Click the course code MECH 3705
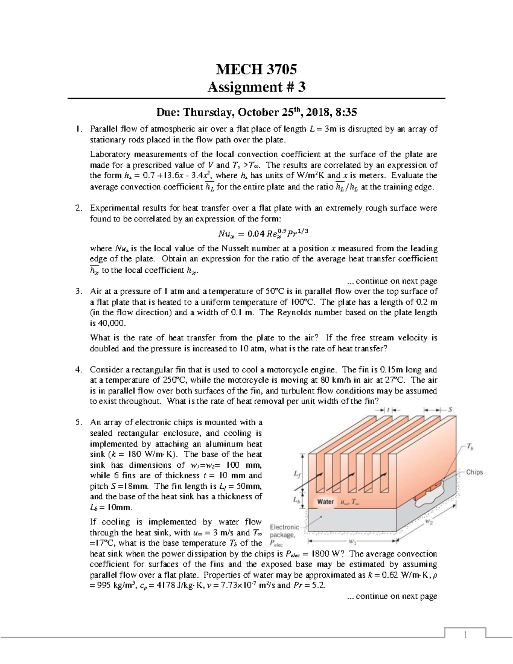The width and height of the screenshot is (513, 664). pyautogui.click(x=256, y=69)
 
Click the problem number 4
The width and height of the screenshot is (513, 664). pyautogui.click(x=78, y=370)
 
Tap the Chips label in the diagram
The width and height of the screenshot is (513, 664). pyautogui.click(x=474, y=472)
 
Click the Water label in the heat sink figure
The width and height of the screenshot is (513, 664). pyautogui.click(x=326, y=502)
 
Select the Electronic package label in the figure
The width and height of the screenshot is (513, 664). pyautogui.click(x=284, y=531)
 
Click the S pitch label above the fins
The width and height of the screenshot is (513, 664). pyautogui.click(x=450, y=410)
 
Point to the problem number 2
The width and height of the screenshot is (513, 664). pyautogui.click(x=78, y=209)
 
